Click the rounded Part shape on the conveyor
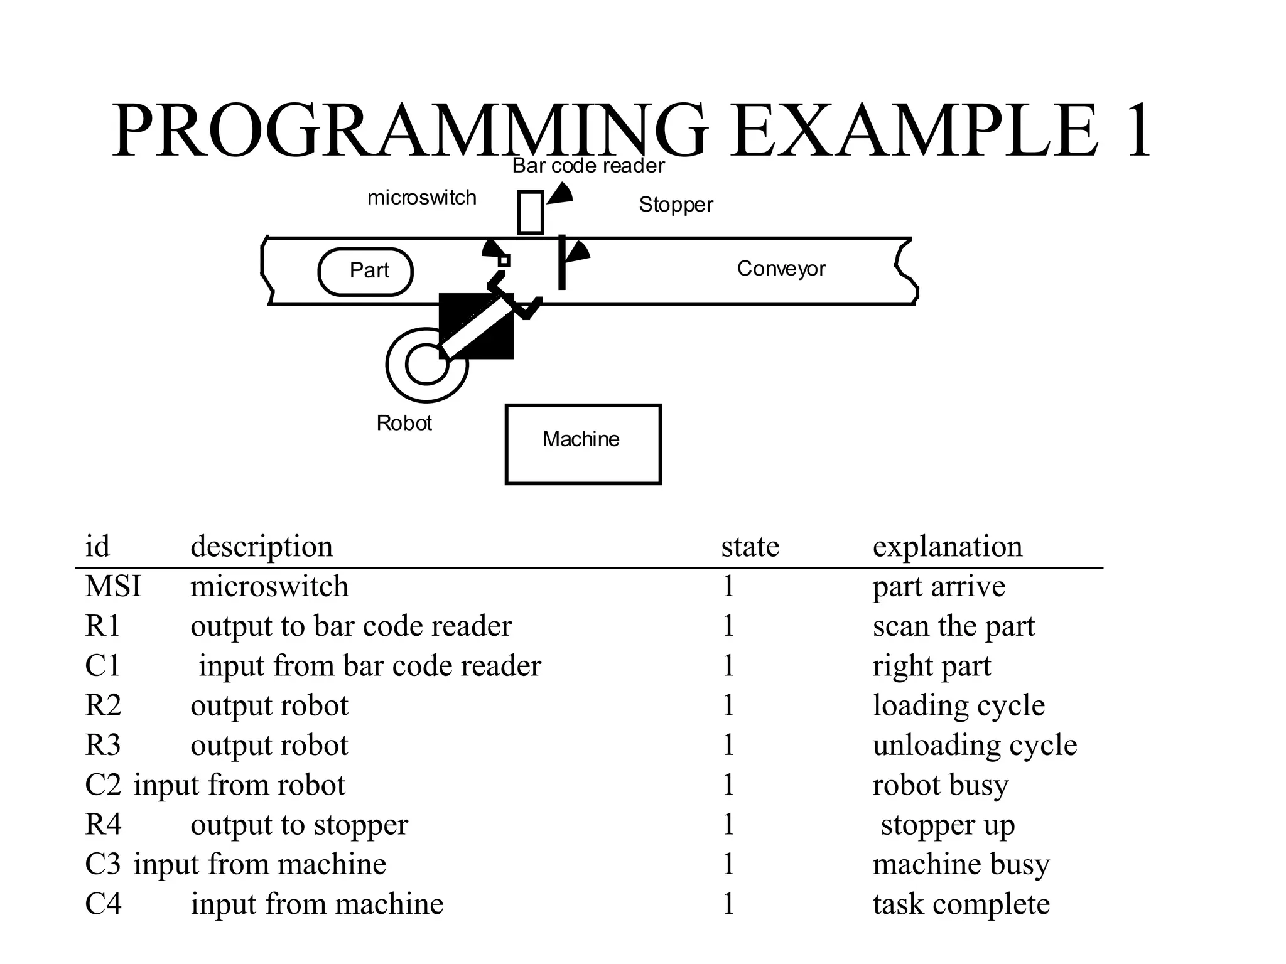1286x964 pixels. [365, 272]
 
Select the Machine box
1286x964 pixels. [583, 444]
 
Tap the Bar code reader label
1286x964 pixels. [588, 166]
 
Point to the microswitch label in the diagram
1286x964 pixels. [421, 198]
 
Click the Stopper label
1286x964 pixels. [676, 205]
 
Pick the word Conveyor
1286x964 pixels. [781, 269]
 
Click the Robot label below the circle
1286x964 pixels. [404, 423]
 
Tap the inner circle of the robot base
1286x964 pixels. [426, 365]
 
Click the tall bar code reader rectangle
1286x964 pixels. [530, 212]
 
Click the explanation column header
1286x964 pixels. [947, 546]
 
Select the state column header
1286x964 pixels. [750, 546]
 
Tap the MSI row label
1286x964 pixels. [113, 586]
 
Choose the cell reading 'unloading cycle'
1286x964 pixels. [975, 745]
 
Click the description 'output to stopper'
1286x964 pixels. [299, 825]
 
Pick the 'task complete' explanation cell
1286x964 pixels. [961, 904]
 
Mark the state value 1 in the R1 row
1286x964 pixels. [728, 626]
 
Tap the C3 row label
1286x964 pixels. [103, 864]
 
